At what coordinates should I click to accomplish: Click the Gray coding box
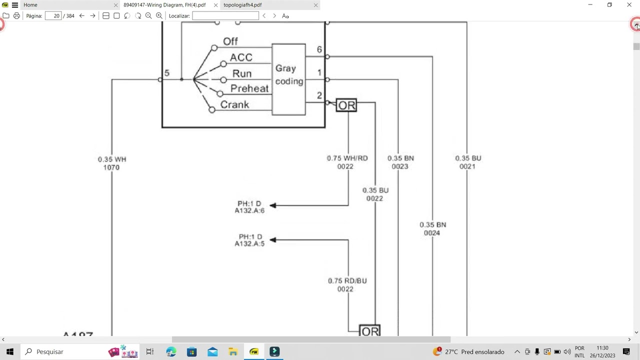click(x=288, y=79)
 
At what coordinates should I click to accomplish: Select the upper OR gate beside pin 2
click(x=346, y=105)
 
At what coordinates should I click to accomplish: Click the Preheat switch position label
click(x=249, y=88)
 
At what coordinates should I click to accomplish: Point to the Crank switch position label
click(x=234, y=104)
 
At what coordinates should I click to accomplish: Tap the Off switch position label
click(x=230, y=41)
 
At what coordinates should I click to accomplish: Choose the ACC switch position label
click(x=240, y=57)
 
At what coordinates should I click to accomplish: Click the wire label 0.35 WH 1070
click(x=112, y=163)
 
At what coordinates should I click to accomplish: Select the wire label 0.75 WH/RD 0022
click(x=347, y=162)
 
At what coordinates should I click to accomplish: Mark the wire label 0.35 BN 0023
click(x=400, y=162)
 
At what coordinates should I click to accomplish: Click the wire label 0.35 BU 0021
click(x=468, y=162)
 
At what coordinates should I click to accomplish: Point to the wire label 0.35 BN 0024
click(x=432, y=228)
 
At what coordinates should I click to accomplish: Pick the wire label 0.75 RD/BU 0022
click(x=347, y=284)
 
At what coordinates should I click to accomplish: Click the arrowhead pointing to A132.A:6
click(x=272, y=205)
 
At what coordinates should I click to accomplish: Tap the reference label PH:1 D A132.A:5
click(x=249, y=240)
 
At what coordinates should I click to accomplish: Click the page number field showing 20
click(x=53, y=16)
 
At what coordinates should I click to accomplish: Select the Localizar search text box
click(x=225, y=16)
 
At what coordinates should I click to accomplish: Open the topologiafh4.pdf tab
click(x=242, y=5)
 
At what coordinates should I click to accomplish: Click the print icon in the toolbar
click(x=16, y=16)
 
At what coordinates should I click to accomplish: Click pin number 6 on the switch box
click(x=319, y=49)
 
